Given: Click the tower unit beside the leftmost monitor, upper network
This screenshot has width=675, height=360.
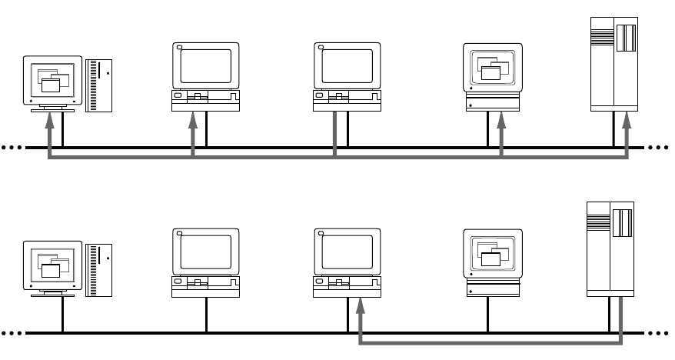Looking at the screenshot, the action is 99,84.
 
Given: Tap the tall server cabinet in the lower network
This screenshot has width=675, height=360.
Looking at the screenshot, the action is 610,248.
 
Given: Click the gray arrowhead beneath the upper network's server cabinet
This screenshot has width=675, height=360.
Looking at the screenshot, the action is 627,117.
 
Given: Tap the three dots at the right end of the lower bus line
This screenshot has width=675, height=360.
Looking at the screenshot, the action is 660,332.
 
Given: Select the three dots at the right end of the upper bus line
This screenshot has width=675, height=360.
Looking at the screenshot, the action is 660,147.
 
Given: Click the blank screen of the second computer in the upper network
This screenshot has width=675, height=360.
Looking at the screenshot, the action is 205,65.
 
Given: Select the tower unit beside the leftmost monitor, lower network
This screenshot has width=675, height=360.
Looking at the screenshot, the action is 99,269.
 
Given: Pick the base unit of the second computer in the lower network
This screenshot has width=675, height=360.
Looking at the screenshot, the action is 205,289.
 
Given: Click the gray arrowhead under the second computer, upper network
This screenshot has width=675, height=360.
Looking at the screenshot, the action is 193,117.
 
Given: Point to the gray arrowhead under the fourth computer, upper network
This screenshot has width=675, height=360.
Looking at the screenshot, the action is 500,117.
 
